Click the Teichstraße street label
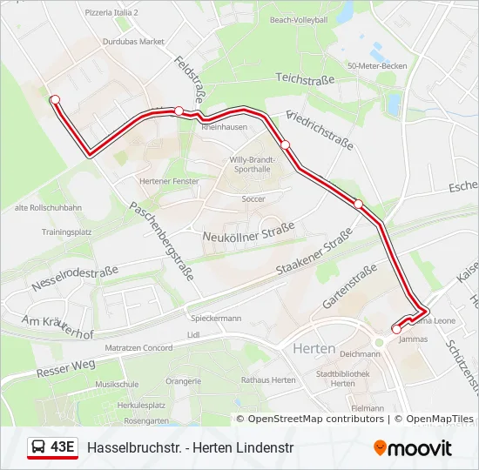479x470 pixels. point(306,78)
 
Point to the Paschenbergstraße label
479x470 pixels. point(161,238)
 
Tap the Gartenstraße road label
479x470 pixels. point(349,286)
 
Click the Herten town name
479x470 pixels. point(315,348)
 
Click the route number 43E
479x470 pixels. point(62,447)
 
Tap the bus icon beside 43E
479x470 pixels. point(38,447)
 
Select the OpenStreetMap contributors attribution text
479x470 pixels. point(310,419)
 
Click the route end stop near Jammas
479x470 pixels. point(396,329)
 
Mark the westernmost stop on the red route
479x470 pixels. point(55,99)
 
